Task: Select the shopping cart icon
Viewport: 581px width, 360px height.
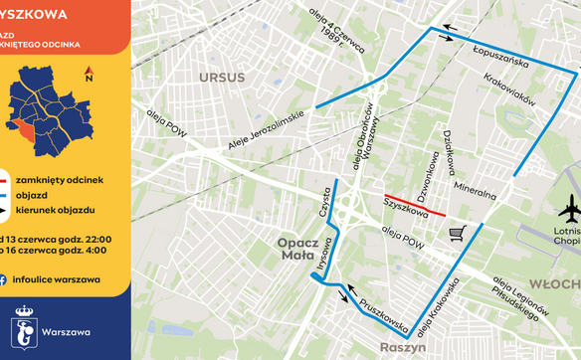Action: [x=458, y=233]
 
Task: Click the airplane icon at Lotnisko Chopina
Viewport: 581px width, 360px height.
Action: [x=570, y=213]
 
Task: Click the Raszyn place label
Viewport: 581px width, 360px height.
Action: [x=402, y=348]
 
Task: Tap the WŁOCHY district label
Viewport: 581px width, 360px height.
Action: [x=557, y=282]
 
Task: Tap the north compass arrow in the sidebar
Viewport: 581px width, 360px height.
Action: [x=90, y=74]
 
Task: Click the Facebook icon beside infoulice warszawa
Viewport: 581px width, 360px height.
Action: [x=5, y=279]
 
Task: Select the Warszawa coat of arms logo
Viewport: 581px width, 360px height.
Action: [x=24, y=329]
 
